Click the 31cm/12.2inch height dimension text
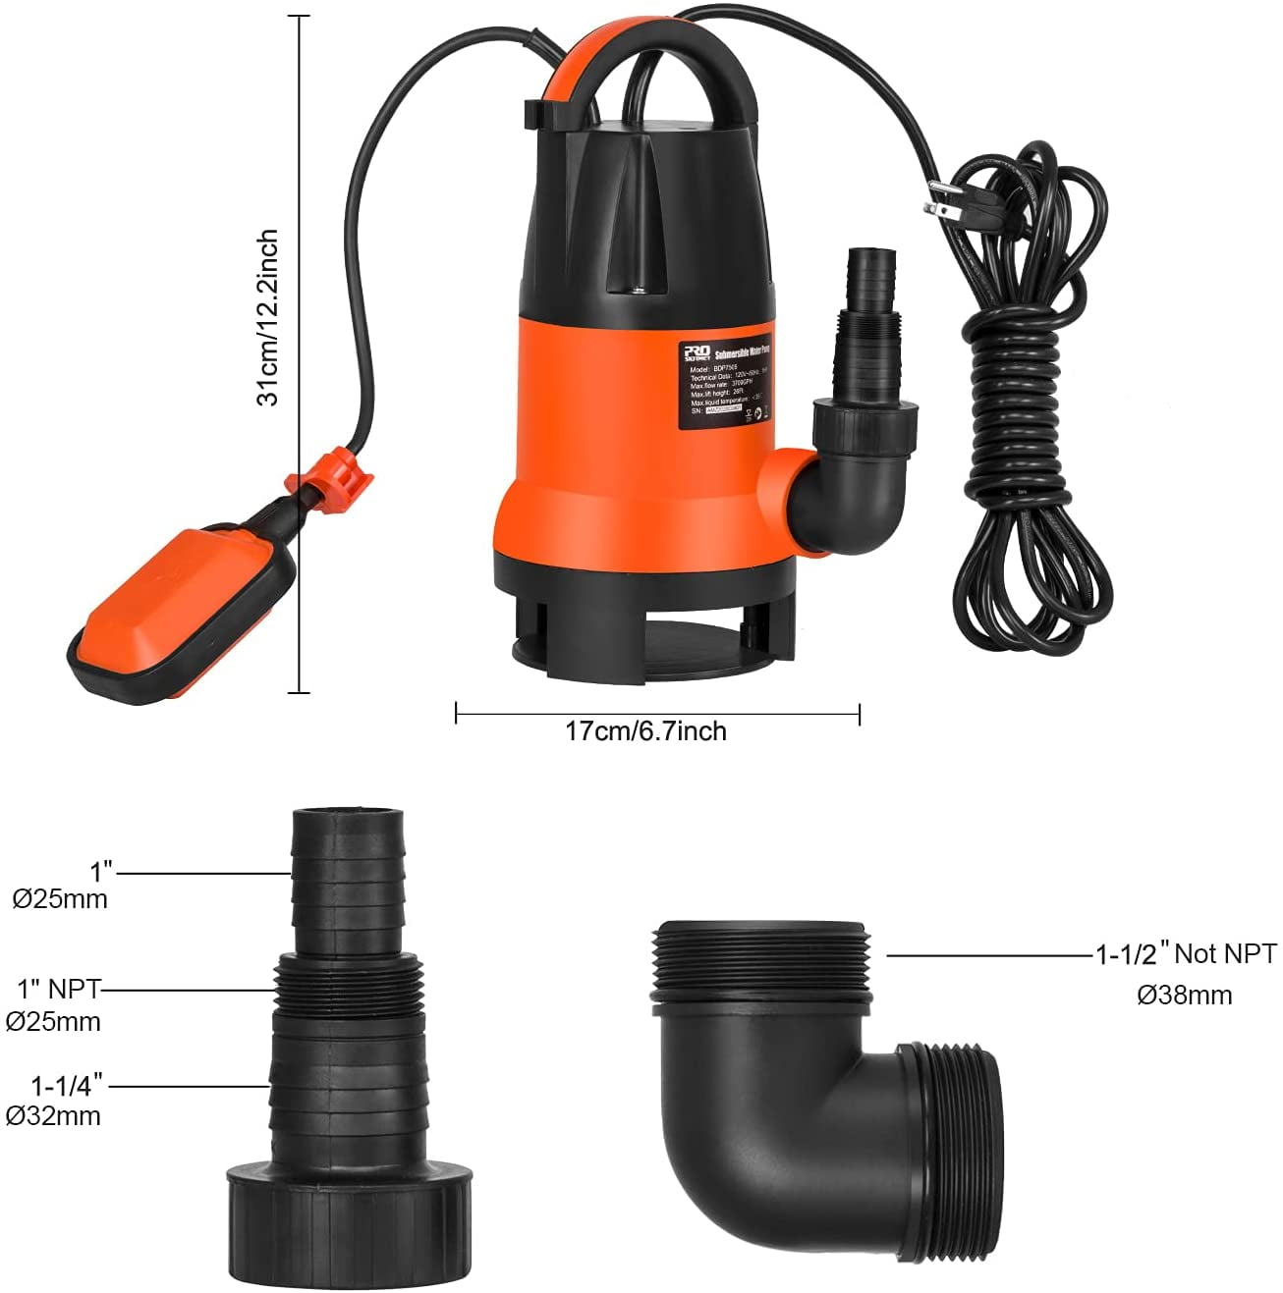click(268, 316)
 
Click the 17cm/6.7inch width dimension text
click(645, 731)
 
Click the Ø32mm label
click(53, 1115)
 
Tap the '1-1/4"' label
click(66, 1087)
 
